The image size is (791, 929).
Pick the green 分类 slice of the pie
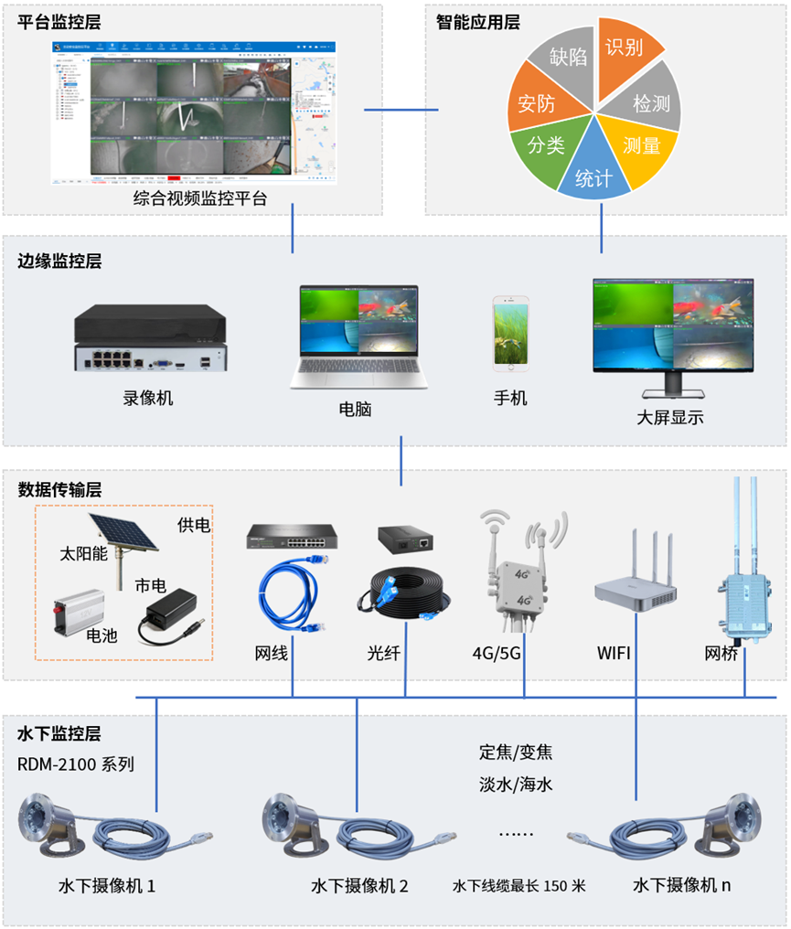tap(546, 144)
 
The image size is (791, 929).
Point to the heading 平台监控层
tap(59, 21)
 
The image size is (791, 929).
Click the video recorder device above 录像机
tap(149, 338)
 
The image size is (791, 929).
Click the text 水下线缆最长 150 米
tap(518, 886)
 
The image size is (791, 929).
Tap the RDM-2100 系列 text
tap(76, 764)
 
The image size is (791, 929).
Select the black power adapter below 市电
tap(169, 614)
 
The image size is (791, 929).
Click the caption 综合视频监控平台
tap(200, 198)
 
